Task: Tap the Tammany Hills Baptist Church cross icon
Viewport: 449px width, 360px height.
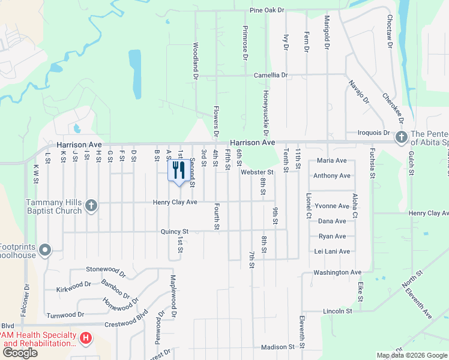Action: (91, 206)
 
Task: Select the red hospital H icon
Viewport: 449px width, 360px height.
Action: (86, 339)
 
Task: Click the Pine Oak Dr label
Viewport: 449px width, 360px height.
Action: (267, 10)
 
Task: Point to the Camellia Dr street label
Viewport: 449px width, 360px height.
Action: (271, 76)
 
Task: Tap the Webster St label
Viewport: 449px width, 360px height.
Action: (257, 172)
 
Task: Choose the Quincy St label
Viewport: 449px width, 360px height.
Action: (174, 231)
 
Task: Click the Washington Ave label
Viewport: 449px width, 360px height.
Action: (337, 272)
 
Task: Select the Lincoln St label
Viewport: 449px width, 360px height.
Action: (337, 311)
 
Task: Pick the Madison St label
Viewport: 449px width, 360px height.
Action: (278, 347)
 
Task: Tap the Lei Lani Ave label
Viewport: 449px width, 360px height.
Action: (332, 251)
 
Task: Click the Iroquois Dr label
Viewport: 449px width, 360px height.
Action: (374, 133)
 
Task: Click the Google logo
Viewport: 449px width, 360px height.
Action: (20, 353)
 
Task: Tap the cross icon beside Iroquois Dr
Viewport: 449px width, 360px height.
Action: (400, 138)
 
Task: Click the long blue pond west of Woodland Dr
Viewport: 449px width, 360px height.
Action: (135, 74)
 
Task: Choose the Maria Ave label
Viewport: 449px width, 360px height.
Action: (332, 161)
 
